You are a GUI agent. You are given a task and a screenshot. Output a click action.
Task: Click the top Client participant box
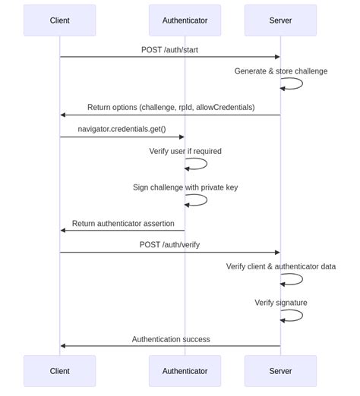[x=59, y=20]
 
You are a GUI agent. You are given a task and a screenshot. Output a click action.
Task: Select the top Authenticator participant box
[x=185, y=20]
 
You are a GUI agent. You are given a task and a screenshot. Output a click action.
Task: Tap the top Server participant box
[x=280, y=20]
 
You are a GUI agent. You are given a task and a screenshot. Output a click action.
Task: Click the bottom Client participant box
[x=59, y=371]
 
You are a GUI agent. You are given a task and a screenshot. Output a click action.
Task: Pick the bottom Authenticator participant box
[x=185, y=371]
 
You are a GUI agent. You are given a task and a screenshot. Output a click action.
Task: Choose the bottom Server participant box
[x=280, y=371]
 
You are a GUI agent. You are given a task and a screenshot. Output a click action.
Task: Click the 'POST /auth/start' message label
[x=170, y=50]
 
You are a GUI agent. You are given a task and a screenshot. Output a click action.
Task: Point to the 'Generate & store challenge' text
[x=280, y=71]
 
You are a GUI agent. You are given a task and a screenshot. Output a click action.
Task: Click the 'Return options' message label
[x=171, y=108]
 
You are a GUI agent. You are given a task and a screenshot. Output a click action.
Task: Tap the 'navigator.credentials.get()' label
[x=122, y=129]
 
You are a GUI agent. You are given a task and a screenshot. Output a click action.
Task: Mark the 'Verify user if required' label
[x=185, y=151]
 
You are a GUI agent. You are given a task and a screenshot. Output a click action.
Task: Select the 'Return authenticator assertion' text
[x=123, y=224]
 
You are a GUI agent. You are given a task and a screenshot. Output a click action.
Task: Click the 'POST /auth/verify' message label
[x=170, y=245]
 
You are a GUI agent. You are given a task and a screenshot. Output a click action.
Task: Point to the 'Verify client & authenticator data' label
[x=280, y=266]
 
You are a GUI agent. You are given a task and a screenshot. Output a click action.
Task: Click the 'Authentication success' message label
[x=171, y=339]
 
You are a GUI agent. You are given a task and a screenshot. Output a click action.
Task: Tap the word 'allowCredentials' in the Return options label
[x=226, y=108]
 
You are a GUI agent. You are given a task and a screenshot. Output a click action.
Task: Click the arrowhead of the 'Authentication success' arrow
[x=63, y=346]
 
